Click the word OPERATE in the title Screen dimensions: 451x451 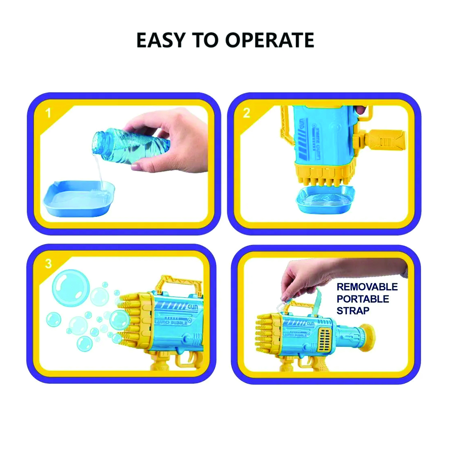pos(269,41)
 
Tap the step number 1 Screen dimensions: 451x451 pos(48,113)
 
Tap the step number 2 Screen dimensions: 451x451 pos(247,113)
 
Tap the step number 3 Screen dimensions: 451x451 pos(48,263)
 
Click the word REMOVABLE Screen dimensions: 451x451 pos(367,287)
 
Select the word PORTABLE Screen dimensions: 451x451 pos(363,299)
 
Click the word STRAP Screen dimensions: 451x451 pos(353,311)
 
